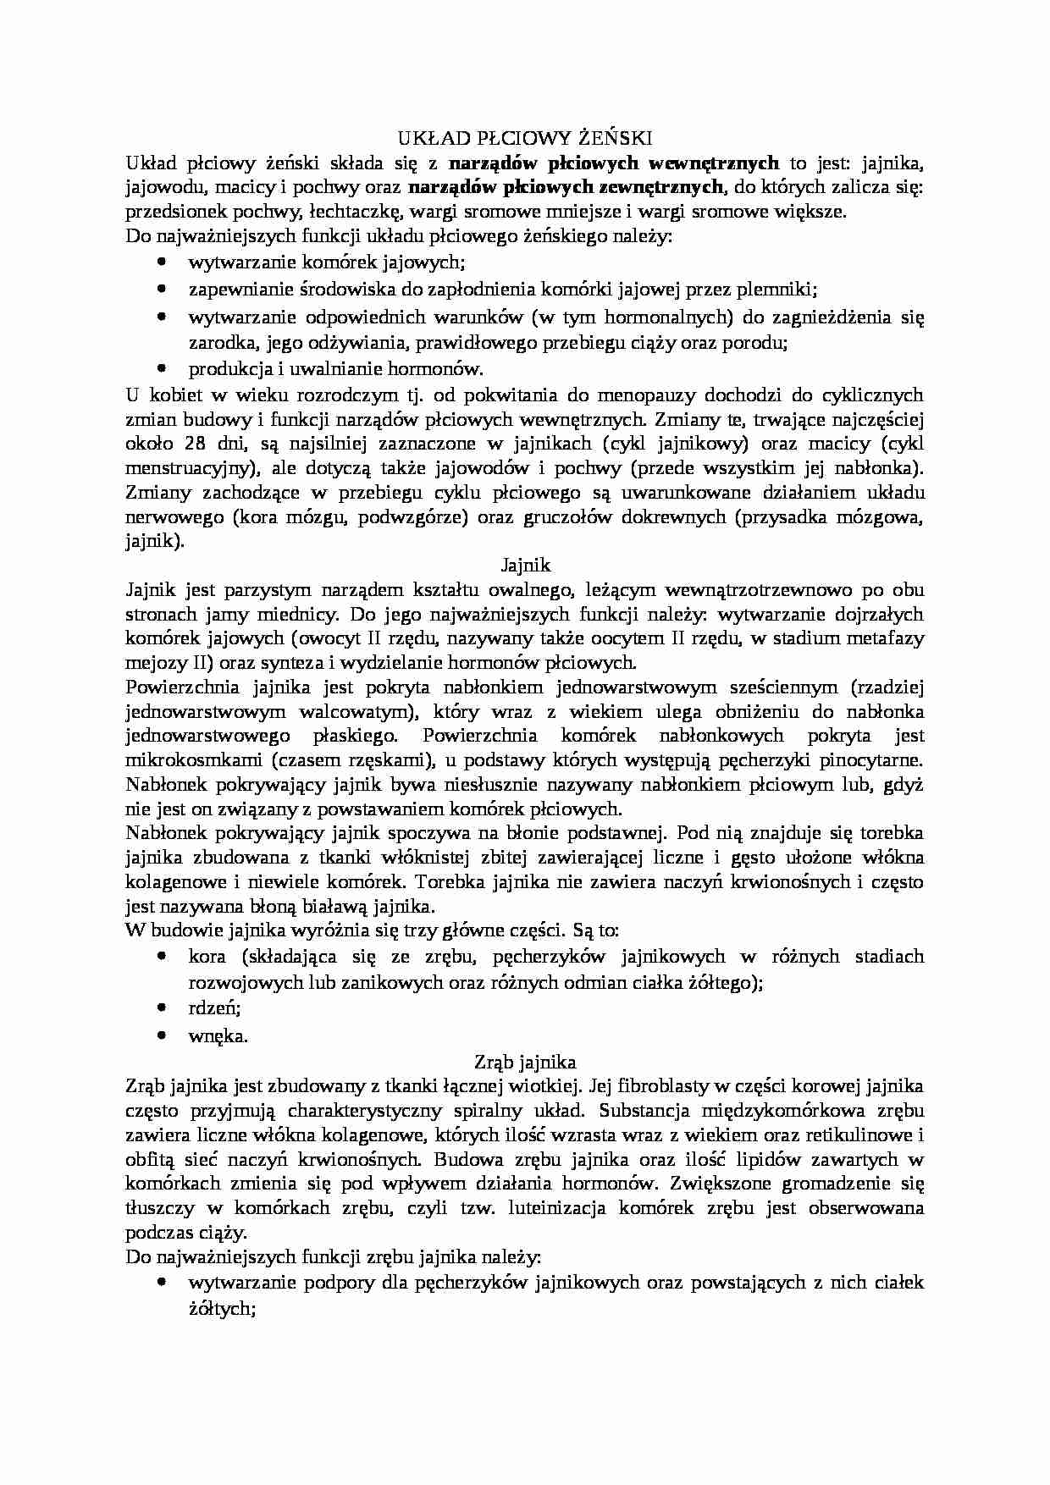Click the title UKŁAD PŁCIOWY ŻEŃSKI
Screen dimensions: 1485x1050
[x=524, y=138]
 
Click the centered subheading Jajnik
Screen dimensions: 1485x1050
[x=525, y=564]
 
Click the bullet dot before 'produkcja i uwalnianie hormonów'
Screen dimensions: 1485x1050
[x=162, y=368]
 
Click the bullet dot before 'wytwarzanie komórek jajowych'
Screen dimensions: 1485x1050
[x=162, y=262]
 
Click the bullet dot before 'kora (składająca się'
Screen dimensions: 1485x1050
[x=162, y=956]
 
